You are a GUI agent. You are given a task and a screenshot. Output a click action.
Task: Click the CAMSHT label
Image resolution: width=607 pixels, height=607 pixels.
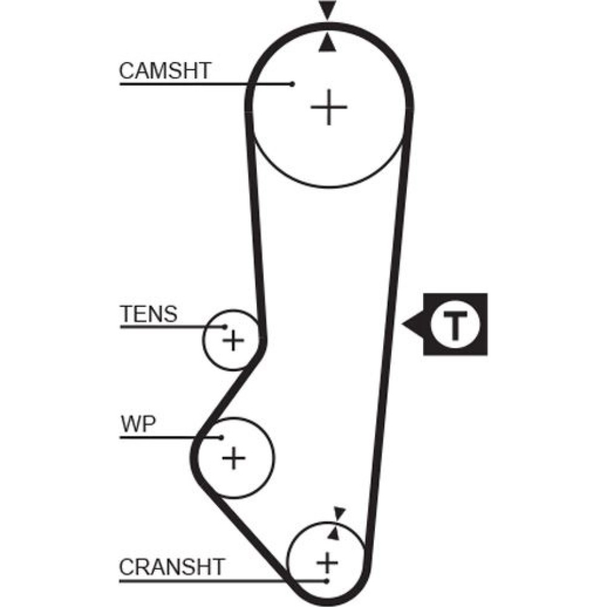point(164,70)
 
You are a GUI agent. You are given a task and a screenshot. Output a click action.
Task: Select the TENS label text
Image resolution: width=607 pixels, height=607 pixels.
point(149,314)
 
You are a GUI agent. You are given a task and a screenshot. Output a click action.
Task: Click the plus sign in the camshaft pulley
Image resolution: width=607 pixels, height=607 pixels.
point(328,107)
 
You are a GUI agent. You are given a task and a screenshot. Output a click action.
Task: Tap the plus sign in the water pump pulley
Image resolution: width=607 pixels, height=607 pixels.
point(233,457)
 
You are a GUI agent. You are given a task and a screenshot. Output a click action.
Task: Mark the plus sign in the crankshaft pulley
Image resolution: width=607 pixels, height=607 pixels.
point(327,563)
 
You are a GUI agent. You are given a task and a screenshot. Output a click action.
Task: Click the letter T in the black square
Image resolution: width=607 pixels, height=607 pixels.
point(455,324)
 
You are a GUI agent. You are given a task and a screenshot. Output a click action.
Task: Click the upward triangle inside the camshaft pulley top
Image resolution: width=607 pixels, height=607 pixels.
point(328,42)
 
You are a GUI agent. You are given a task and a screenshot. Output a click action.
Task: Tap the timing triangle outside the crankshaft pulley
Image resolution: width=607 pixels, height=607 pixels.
point(339,514)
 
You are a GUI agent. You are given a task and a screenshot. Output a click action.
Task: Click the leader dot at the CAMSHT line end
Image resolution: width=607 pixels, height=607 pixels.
point(293,84)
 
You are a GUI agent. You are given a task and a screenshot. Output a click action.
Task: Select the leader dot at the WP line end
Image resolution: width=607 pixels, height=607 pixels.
point(223,437)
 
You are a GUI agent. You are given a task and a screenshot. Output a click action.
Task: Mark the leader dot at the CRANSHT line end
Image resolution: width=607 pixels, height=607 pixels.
point(327,581)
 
